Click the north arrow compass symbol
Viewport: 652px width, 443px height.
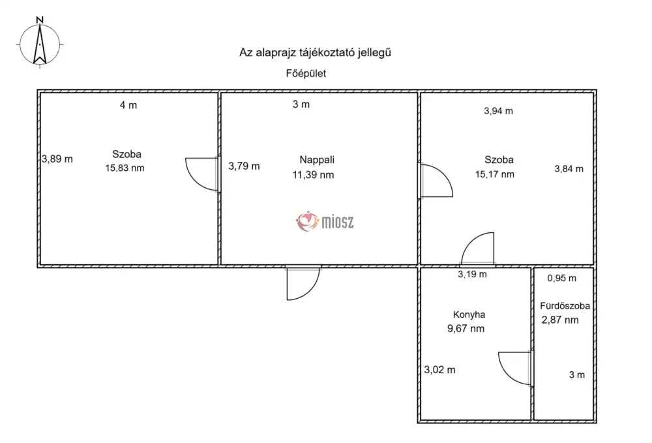(40, 43)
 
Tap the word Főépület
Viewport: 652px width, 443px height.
(306, 74)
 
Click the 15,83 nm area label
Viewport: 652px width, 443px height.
(125, 168)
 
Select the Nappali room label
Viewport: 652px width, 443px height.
(317, 160)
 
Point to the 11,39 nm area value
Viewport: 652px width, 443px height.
(313, 175)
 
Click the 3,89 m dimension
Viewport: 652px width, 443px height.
(57, 159)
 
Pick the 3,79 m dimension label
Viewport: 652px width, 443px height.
(244, 166)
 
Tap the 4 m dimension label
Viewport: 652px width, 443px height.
(128, 105)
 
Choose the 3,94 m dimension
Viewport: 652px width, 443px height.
(498, 111)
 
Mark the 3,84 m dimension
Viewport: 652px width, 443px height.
(569, 169)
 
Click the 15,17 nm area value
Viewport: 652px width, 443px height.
(495, 174)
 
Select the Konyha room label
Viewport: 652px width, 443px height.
(469, 315)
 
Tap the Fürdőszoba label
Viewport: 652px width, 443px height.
(565, 306)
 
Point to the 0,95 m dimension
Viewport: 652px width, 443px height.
(562, 279)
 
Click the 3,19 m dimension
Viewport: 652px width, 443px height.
(472, 274)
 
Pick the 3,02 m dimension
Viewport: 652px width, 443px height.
(439, 370)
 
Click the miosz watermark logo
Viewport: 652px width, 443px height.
(325, 221)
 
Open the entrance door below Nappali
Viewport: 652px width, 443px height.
(303, 283)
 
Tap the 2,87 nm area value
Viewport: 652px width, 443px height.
(560, 320)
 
